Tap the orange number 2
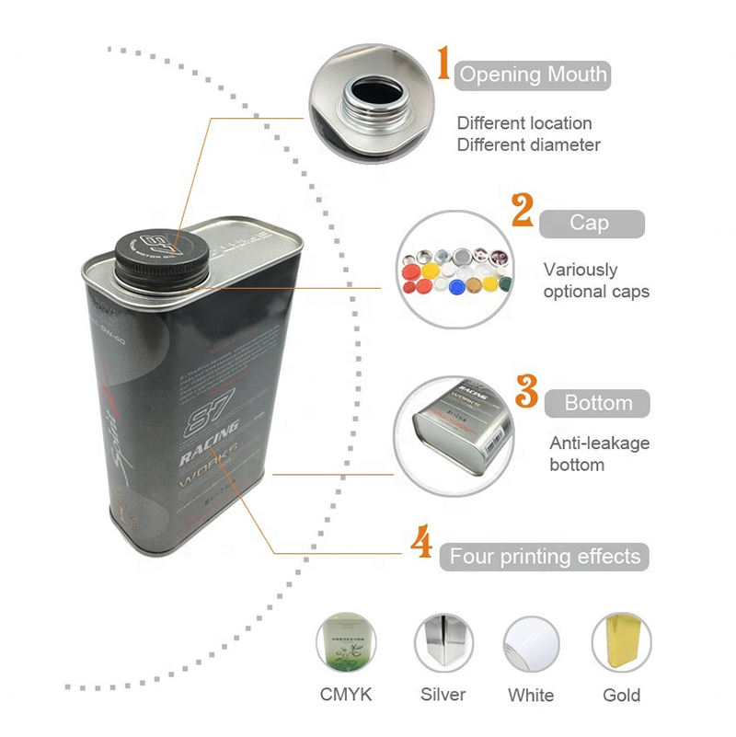click(523, 211)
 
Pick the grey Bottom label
click(597, 403)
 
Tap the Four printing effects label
click(545, 557)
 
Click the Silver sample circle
click(443, 643)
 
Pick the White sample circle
click(531, 643)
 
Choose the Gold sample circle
click(621, 643)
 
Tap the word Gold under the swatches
click(621, 695)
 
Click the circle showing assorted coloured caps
click(451, 268)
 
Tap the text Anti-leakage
click(599, 443)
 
